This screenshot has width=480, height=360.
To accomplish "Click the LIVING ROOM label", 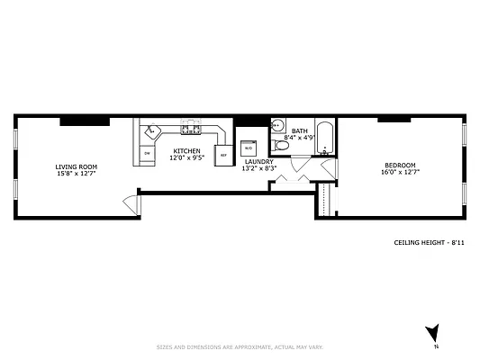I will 76,166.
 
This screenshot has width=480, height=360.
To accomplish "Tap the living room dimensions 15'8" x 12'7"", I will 76,174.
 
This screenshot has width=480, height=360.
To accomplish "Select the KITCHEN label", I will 186,151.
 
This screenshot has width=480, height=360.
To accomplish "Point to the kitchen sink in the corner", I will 152,131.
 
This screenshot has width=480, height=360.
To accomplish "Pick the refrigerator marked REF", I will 222,154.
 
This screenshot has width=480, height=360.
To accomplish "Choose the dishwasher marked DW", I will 147,154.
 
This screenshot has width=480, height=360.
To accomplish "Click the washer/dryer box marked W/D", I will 249,147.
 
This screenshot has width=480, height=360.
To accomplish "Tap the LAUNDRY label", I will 258,161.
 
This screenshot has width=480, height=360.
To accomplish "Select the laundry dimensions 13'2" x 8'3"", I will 259,167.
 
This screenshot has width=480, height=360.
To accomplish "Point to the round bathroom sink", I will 277,126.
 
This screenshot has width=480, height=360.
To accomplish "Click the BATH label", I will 299,131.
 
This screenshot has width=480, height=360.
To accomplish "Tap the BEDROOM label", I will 400,165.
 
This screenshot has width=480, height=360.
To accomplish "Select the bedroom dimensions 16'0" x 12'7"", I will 400,172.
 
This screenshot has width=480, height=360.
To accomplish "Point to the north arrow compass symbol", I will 433,333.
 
